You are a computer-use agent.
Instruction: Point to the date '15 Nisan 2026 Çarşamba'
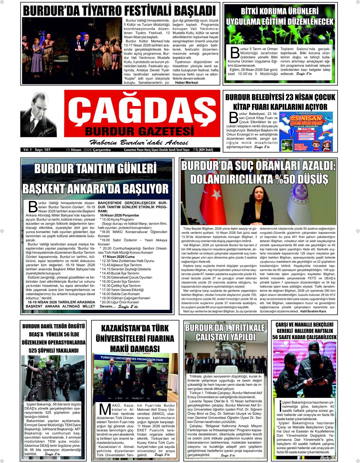pyautogui.click(x=83, y=149)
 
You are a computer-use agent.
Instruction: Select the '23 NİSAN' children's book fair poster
pyautogui.click(x=306, y=132)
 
